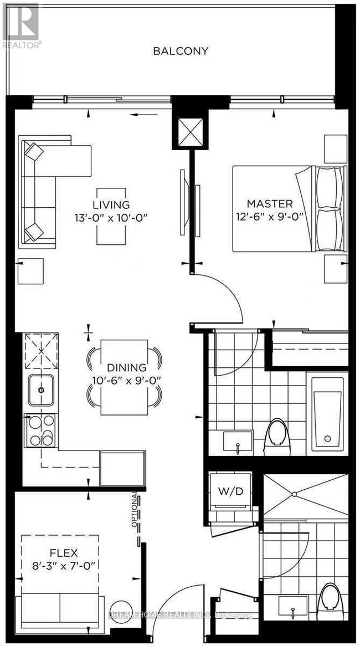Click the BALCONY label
(x=181, y=51)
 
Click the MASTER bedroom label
(x=270, y=204)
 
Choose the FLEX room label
(x=63, y=553)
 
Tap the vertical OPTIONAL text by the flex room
(x=135, y=510)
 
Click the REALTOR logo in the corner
(x=21, y=25)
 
